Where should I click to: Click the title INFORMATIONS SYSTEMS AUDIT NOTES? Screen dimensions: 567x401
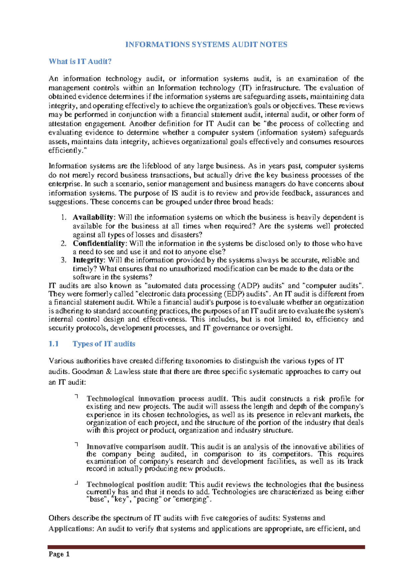206,45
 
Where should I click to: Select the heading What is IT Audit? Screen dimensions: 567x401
80,61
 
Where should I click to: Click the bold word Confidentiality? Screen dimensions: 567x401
99,243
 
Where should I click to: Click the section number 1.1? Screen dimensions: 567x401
53,344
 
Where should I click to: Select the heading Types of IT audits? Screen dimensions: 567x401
104,344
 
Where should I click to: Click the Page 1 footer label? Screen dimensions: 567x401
59,554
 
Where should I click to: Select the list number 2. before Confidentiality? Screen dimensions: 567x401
64,243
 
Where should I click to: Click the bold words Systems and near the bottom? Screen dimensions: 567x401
304,518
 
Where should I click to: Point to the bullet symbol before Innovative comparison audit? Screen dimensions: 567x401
77,444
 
